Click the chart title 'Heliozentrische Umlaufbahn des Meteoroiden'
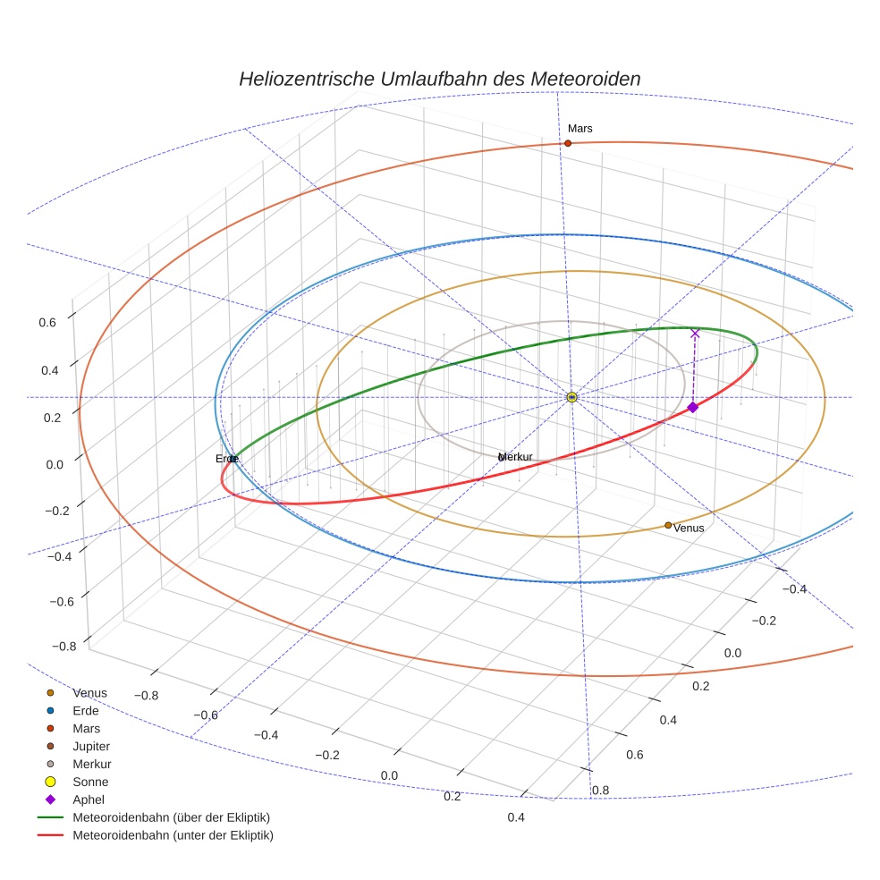[439, 79]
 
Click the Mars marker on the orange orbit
[568, 143]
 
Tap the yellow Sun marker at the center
[571, 397]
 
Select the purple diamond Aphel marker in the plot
[692, 408]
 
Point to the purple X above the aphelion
[695, 334]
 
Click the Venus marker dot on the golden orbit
[668, 525]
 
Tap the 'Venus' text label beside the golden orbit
[689, 529]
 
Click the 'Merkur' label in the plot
[516, 457]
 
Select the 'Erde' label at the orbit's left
[226, 459]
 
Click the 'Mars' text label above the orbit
[580, 129]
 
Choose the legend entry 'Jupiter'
[91, 746]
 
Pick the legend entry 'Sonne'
[89, 782]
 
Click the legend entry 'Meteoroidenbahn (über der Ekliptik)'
[171, 817]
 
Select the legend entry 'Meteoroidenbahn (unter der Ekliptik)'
[173, 835]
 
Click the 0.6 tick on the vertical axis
[47, 323]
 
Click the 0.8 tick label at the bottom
[601, 790]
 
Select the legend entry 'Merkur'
[91, 764]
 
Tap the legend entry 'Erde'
[86, 710]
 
